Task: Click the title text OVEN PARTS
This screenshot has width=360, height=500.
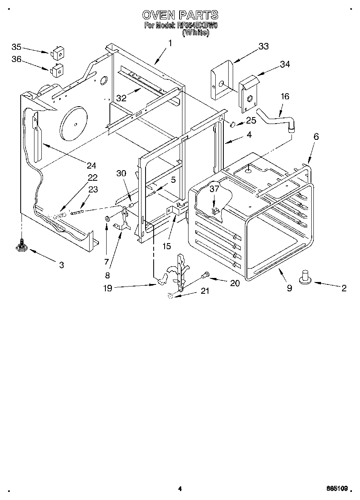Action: pos(180,15)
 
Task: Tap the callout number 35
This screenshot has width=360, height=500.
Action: pos(16,46)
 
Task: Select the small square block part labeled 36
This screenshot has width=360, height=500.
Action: pos(57,70)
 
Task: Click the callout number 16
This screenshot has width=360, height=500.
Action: pos(285,96)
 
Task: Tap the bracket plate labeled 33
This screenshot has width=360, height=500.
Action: pos(222,79)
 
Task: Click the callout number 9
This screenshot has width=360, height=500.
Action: pos(289,288)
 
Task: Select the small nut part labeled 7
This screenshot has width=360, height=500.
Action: pos(107,219)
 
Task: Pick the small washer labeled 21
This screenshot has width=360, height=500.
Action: pos(171,297)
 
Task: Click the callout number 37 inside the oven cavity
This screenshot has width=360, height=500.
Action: pos(214,188)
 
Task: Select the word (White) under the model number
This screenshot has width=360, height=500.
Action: pos(196,33)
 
